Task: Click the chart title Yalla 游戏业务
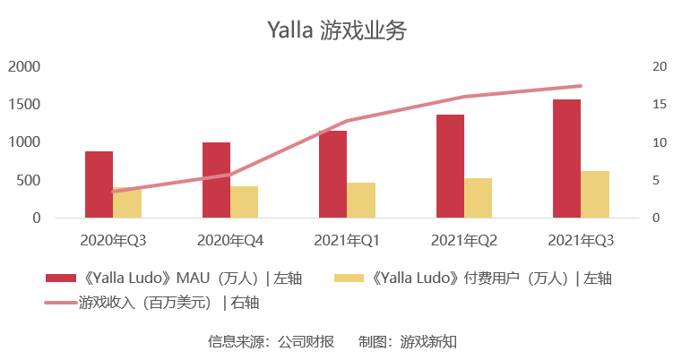click(337, 30)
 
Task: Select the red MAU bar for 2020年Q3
click(99, 184)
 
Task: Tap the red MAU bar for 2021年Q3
click(566, 159)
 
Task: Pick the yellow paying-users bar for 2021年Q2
click(479, 198)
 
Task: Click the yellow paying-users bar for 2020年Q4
click(245, 202)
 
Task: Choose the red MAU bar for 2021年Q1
click(333, 175)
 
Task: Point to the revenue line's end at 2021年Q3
click(581, 86)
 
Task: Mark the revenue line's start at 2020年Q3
click(113, 192)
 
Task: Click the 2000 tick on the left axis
click(24, 66)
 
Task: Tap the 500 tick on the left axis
click(29, 180)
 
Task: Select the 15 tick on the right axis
click(660, 104)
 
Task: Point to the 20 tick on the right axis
click(660, 66)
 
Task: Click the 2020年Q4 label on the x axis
click(230, 240)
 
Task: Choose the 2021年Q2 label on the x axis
click(464, 240)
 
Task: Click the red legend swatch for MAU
click(61, 278)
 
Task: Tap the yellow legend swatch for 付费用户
click(349, 278)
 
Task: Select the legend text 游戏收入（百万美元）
click(145, 303)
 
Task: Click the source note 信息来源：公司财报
click(272, 341)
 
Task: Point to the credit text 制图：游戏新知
click(408, 341)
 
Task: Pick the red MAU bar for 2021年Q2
click(450, 166)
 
